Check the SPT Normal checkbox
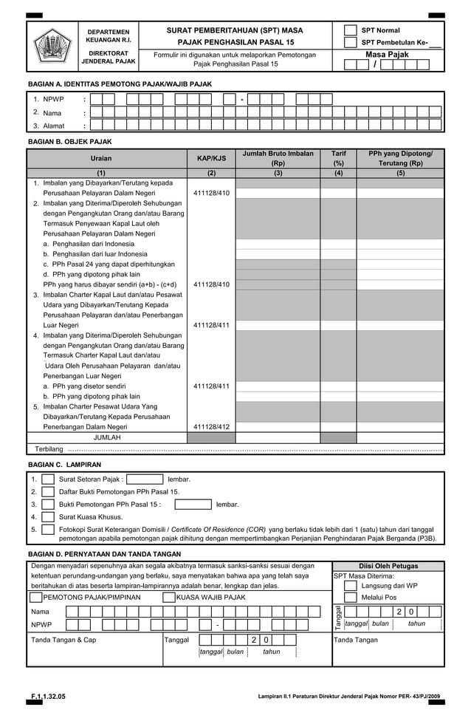point(351,30)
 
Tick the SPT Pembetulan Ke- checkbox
point(351,43)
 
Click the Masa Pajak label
point(387,55)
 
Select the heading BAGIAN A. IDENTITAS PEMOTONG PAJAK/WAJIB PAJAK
point(120,85)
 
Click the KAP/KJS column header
point(211,158)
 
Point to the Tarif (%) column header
point(339,158)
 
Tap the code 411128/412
point(211,426)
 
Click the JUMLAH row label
point(107,437)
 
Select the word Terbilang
point(49,449)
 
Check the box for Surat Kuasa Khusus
point(48,517)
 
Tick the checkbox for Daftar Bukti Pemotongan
point(48,492)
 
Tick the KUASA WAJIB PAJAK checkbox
point(169,597)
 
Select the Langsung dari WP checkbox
point(351,585)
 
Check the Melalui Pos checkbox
point(351,597)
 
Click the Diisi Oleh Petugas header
point(388,565)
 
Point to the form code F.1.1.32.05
point(48,697)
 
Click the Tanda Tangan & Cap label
point(63,640)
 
